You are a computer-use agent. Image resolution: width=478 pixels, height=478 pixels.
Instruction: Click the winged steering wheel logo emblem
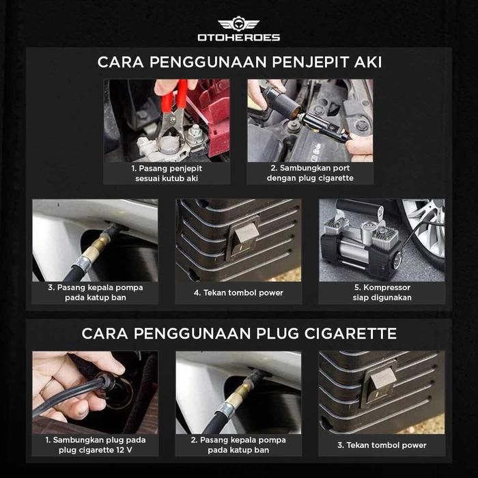pos(239,24)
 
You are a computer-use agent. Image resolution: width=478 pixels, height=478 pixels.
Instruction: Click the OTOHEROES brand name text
pos(239,38)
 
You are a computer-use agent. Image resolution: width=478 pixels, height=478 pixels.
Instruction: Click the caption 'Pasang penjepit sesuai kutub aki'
pos(167,173)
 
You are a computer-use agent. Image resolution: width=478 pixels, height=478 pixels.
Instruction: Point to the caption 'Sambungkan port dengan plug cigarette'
pos(310,173)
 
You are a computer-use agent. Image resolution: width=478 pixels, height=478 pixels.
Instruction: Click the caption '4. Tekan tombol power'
pos(238,293)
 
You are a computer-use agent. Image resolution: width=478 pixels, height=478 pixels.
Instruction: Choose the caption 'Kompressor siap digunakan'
pos(382,292)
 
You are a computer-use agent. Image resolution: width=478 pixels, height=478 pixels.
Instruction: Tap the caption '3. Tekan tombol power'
pos(382,445)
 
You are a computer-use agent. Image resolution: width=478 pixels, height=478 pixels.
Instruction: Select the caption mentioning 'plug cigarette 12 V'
pos(96,445)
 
